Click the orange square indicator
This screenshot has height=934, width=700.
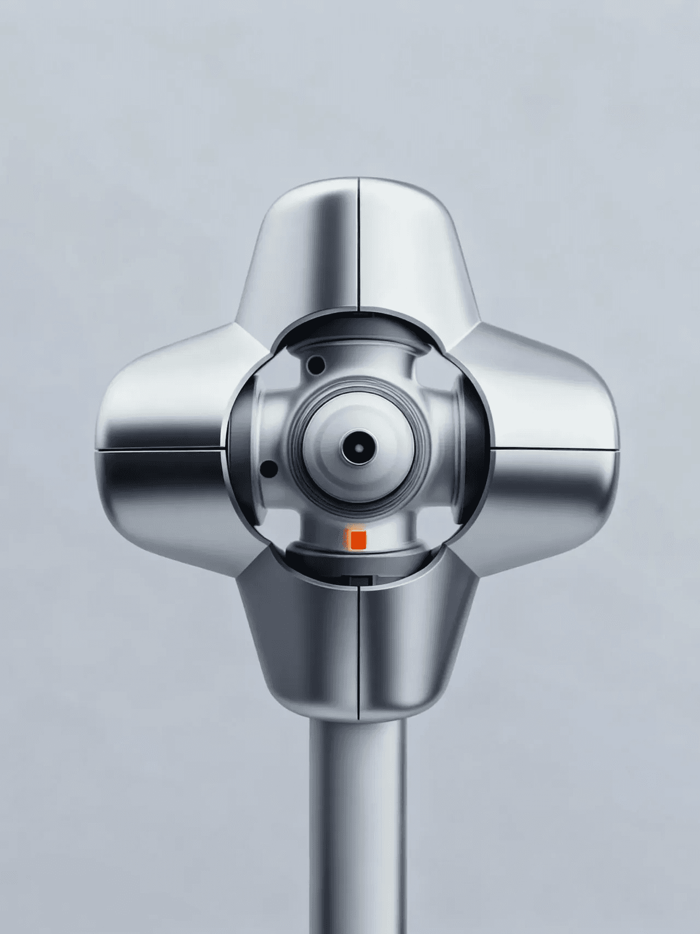(x=358, y=539)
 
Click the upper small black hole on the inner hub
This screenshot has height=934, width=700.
(x=316, y=364)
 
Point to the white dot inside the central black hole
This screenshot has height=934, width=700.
(x=359, y=448)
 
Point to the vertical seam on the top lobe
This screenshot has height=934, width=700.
(x=359, y=246)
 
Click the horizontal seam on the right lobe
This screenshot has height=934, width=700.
(x=555, y=449)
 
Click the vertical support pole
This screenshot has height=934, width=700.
(x=358, y=821)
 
